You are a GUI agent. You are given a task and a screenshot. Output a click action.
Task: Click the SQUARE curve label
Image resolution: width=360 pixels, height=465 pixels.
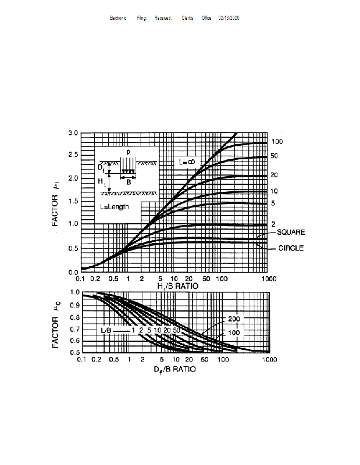tap(291, 233)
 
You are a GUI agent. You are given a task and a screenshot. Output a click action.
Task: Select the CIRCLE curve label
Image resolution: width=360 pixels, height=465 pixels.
tap(291, 248)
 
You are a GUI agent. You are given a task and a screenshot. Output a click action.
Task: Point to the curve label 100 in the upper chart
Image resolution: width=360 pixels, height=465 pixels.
tap(277, 142)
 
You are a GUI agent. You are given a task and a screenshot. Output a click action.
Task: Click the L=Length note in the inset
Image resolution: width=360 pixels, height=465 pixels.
tap(115, 206)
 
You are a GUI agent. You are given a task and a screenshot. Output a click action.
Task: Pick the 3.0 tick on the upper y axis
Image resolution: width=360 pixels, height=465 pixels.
tap(73, 133)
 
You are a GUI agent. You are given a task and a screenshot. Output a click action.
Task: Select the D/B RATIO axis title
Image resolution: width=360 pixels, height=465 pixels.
tap(174, 370)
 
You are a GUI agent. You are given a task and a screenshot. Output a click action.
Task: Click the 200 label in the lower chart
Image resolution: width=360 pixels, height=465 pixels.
tap(234, 320)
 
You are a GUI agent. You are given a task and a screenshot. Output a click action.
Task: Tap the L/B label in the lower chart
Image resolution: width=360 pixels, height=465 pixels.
tap(108, 330)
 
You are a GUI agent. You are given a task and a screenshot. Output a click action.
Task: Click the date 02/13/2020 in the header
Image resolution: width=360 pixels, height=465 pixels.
tap(229, 18)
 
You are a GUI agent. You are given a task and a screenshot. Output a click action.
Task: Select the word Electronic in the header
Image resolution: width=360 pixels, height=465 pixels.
tap(118, 18)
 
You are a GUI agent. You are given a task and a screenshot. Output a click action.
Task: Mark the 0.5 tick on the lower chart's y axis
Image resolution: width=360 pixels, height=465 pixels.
tap(74, 352)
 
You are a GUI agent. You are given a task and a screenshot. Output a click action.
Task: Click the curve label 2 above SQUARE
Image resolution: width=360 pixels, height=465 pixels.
tap(272, 224)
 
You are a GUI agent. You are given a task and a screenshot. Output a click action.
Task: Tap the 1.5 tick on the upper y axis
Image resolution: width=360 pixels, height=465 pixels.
tap(73, 201)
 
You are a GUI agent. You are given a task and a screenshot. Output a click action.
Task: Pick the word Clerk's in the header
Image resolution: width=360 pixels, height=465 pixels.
tap(187, 18)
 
